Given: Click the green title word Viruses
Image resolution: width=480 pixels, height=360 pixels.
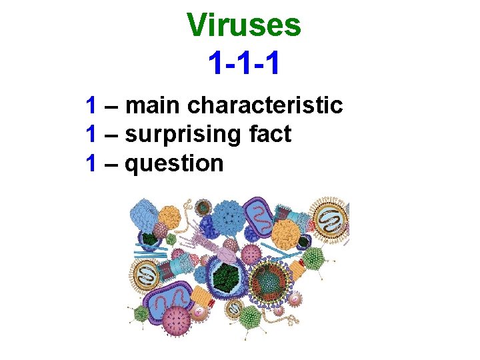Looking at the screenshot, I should pos(243,25).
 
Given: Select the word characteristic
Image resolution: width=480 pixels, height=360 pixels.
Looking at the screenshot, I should pos(265,105).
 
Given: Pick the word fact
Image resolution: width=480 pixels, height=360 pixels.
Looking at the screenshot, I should pos(269,134).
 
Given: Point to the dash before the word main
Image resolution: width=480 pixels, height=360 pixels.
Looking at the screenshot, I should pos(112,106).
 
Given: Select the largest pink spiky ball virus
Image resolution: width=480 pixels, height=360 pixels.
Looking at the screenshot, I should pos(177,321).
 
